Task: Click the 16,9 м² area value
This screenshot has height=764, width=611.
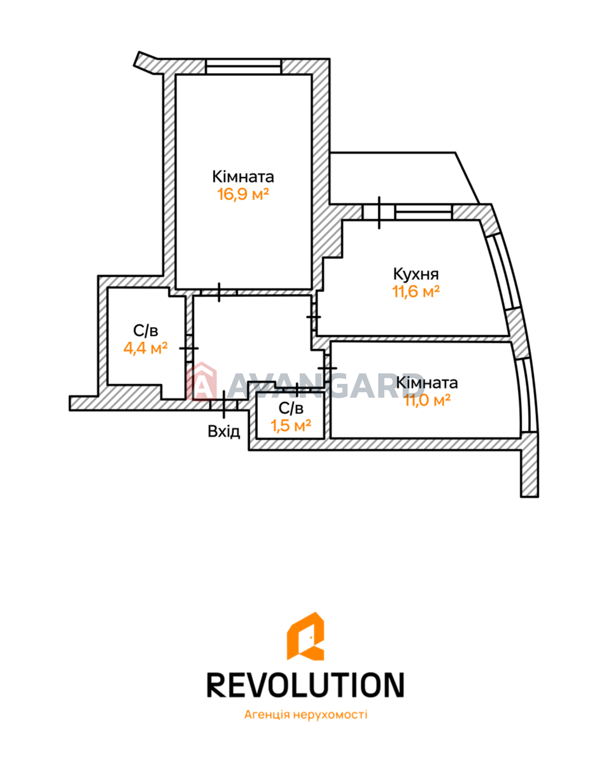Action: (243, 194)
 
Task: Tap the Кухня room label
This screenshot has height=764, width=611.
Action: (416, 274)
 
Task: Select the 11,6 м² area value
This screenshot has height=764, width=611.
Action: (416, 291)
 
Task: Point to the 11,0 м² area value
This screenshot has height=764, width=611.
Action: (427, 400)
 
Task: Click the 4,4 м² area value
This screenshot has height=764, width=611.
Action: (146, 348)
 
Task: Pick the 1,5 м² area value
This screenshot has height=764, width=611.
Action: (291, 425)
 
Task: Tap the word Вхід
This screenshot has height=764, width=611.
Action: (224, 431)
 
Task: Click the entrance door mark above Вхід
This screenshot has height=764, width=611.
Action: (224, 404)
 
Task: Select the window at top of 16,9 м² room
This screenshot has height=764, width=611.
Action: (243, 66)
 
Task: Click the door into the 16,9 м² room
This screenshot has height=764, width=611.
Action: (219, 292)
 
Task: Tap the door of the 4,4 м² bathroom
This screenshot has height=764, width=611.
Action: (189, 348)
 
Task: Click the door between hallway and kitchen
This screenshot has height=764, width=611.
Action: (314, 317)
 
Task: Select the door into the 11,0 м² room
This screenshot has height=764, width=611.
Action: (327, 368)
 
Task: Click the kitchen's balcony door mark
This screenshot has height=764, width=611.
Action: (379, 212)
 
